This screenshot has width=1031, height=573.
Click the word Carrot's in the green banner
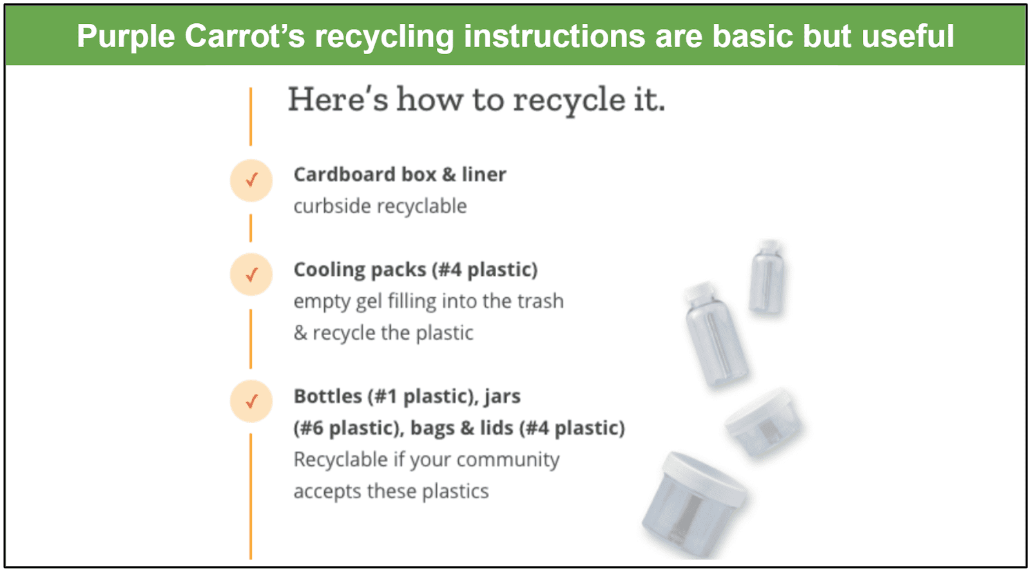245,36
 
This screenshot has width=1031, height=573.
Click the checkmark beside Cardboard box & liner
251,180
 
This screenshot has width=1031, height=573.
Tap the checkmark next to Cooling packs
251,275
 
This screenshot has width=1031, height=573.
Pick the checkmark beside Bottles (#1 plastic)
251,402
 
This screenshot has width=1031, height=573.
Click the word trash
541,301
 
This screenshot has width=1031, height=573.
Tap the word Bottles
328,396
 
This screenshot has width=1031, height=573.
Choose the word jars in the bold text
502,397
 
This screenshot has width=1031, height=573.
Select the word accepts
327,492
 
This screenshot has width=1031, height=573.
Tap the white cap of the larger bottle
699,293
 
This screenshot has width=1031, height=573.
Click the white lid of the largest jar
706,479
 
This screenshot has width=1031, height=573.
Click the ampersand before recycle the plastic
300,333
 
